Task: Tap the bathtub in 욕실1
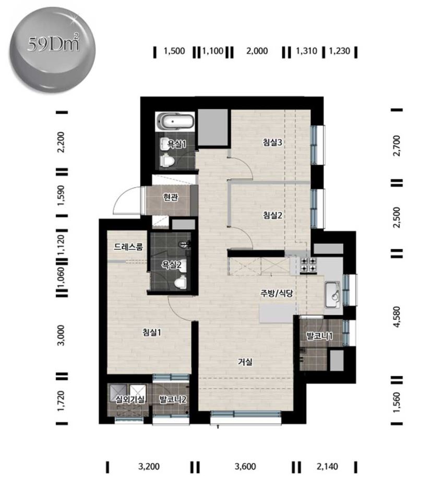tap(175, 121)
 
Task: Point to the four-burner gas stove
tap(308, 265)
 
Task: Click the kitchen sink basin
tap(333, 294)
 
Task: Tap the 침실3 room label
tap(272, 142)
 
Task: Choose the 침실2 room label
tap(272, 215)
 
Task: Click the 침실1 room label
tap(152, 332)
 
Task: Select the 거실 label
tap(245, 362)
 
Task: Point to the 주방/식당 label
tap(277, 293)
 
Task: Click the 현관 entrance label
tap(170, 197)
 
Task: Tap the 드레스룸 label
tap(128, 247)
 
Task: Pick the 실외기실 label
tap(130, 399)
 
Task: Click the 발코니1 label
tap(320, 336)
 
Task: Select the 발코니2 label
tap(173, 399)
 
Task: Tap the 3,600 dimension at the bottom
tap(245, 467)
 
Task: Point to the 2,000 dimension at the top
tap(257, 51)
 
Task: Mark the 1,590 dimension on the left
tap(61, 195)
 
